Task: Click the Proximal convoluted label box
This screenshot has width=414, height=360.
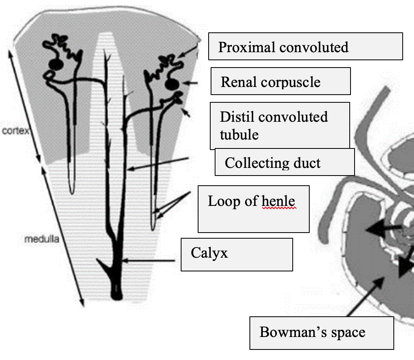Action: tap(305, 46)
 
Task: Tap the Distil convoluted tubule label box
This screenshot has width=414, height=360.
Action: tap(279, 125)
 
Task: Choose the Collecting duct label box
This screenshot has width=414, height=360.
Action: tap(285, 162)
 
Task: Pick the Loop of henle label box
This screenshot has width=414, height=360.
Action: tap(253, 209)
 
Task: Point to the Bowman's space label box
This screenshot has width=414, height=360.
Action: tap(321, 333)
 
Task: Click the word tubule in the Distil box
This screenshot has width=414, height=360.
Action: tap(239, 134)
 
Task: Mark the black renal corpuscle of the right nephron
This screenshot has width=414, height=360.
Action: tap(172, 84)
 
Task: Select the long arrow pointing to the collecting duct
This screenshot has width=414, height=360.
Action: tap(158, 163)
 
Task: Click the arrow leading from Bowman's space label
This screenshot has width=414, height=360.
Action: tap(364, 297)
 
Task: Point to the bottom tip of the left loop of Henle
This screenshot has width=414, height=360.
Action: tap(72, 192)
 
